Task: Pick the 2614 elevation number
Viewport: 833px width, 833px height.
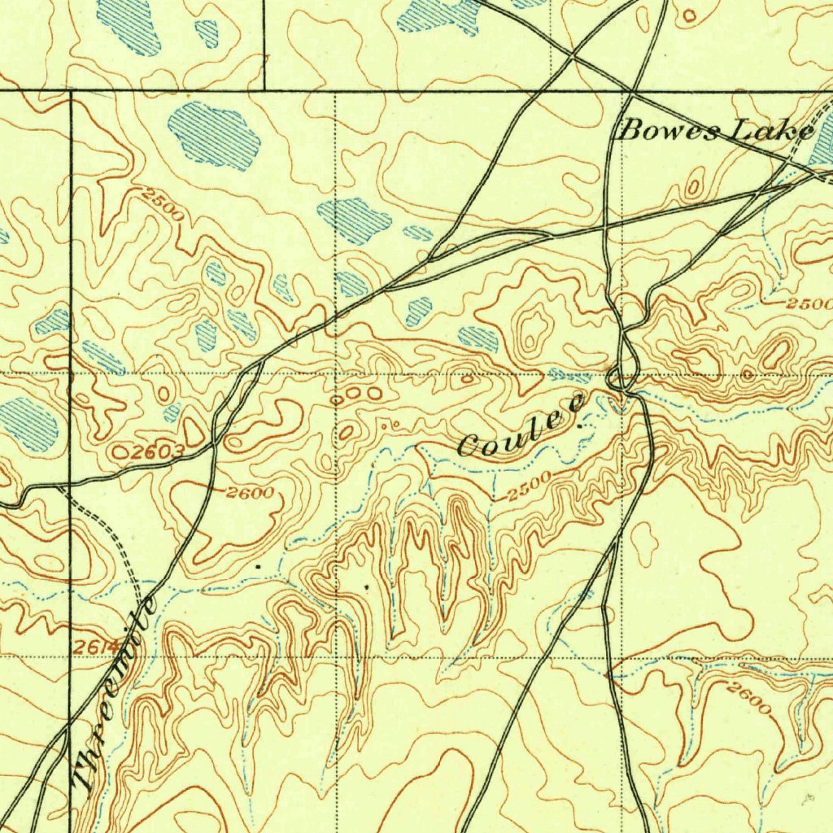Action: (98, 647)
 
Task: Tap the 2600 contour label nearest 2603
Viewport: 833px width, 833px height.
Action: (251, 492)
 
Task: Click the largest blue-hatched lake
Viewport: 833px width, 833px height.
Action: (214, 135)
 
